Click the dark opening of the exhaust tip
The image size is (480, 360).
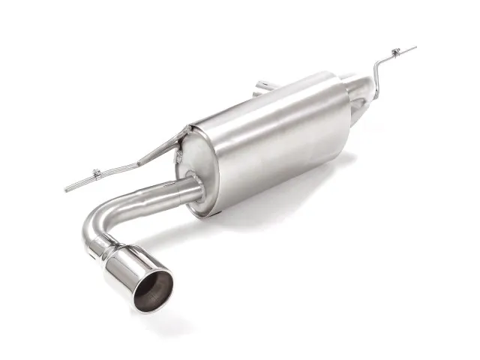154,292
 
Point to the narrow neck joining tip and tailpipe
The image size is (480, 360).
109,241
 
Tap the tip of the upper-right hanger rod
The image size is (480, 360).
413,48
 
